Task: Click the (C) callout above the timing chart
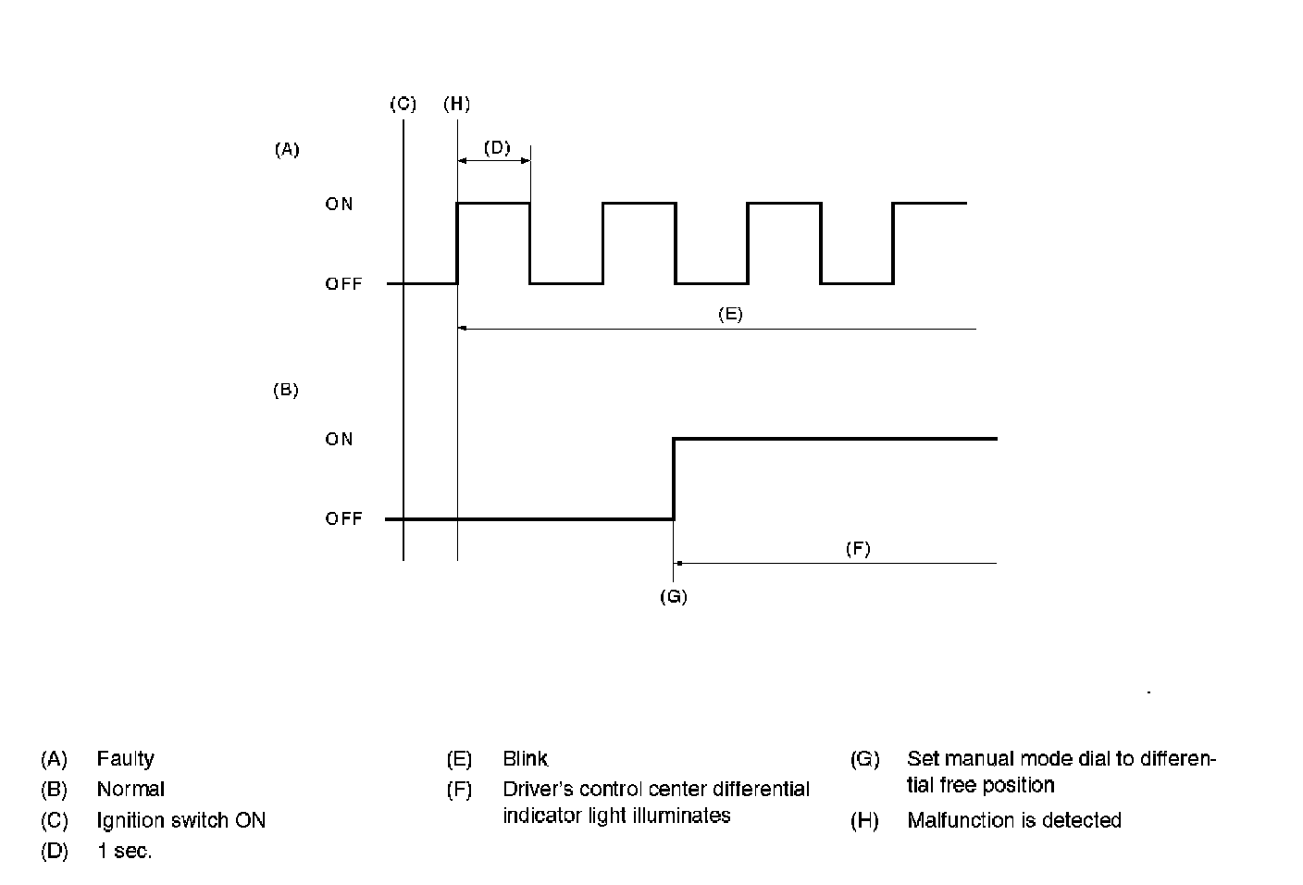pyautogui.click(x=403, y=104)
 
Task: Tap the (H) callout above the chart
pyautogui.click(x=456, y=104)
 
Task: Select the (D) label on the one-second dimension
pyautogui.click(x=497, y=147)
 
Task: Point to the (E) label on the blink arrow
pyautogui.click(x=730, y=314)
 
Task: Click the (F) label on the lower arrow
pyautogui.click(x=858, y=549)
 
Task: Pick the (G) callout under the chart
pyautogui.click(x=673, y=597)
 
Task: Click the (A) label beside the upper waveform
pyautogui.click(x=287, y=149)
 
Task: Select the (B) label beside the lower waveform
pyautogui.click(x=285, y=391)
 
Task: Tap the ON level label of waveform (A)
pyautogui.click(x=339, y=204)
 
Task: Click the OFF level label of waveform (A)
pyautogui.click(x=343, y=284)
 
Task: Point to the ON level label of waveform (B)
pyautogui.click(x=339, y=439)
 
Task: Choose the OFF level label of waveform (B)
pyautogui.click(x=343, y=519)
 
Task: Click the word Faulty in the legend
pyautogui.click(x=125, y=759)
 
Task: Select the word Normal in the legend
pyautogui.click(x=130, y=790)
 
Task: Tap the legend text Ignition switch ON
pyautogui.click(x=180, y=821)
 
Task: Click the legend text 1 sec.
pyautogui.click(x=124, y=852)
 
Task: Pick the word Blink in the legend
pyautogui.click(x=525, y=759)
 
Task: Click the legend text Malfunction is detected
pyautogui.click(x=1013, y=821)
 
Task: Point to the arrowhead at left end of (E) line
pyautogui.click(x=463, y=328)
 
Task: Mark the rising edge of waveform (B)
pyautogui.click(x=673, y=479)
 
